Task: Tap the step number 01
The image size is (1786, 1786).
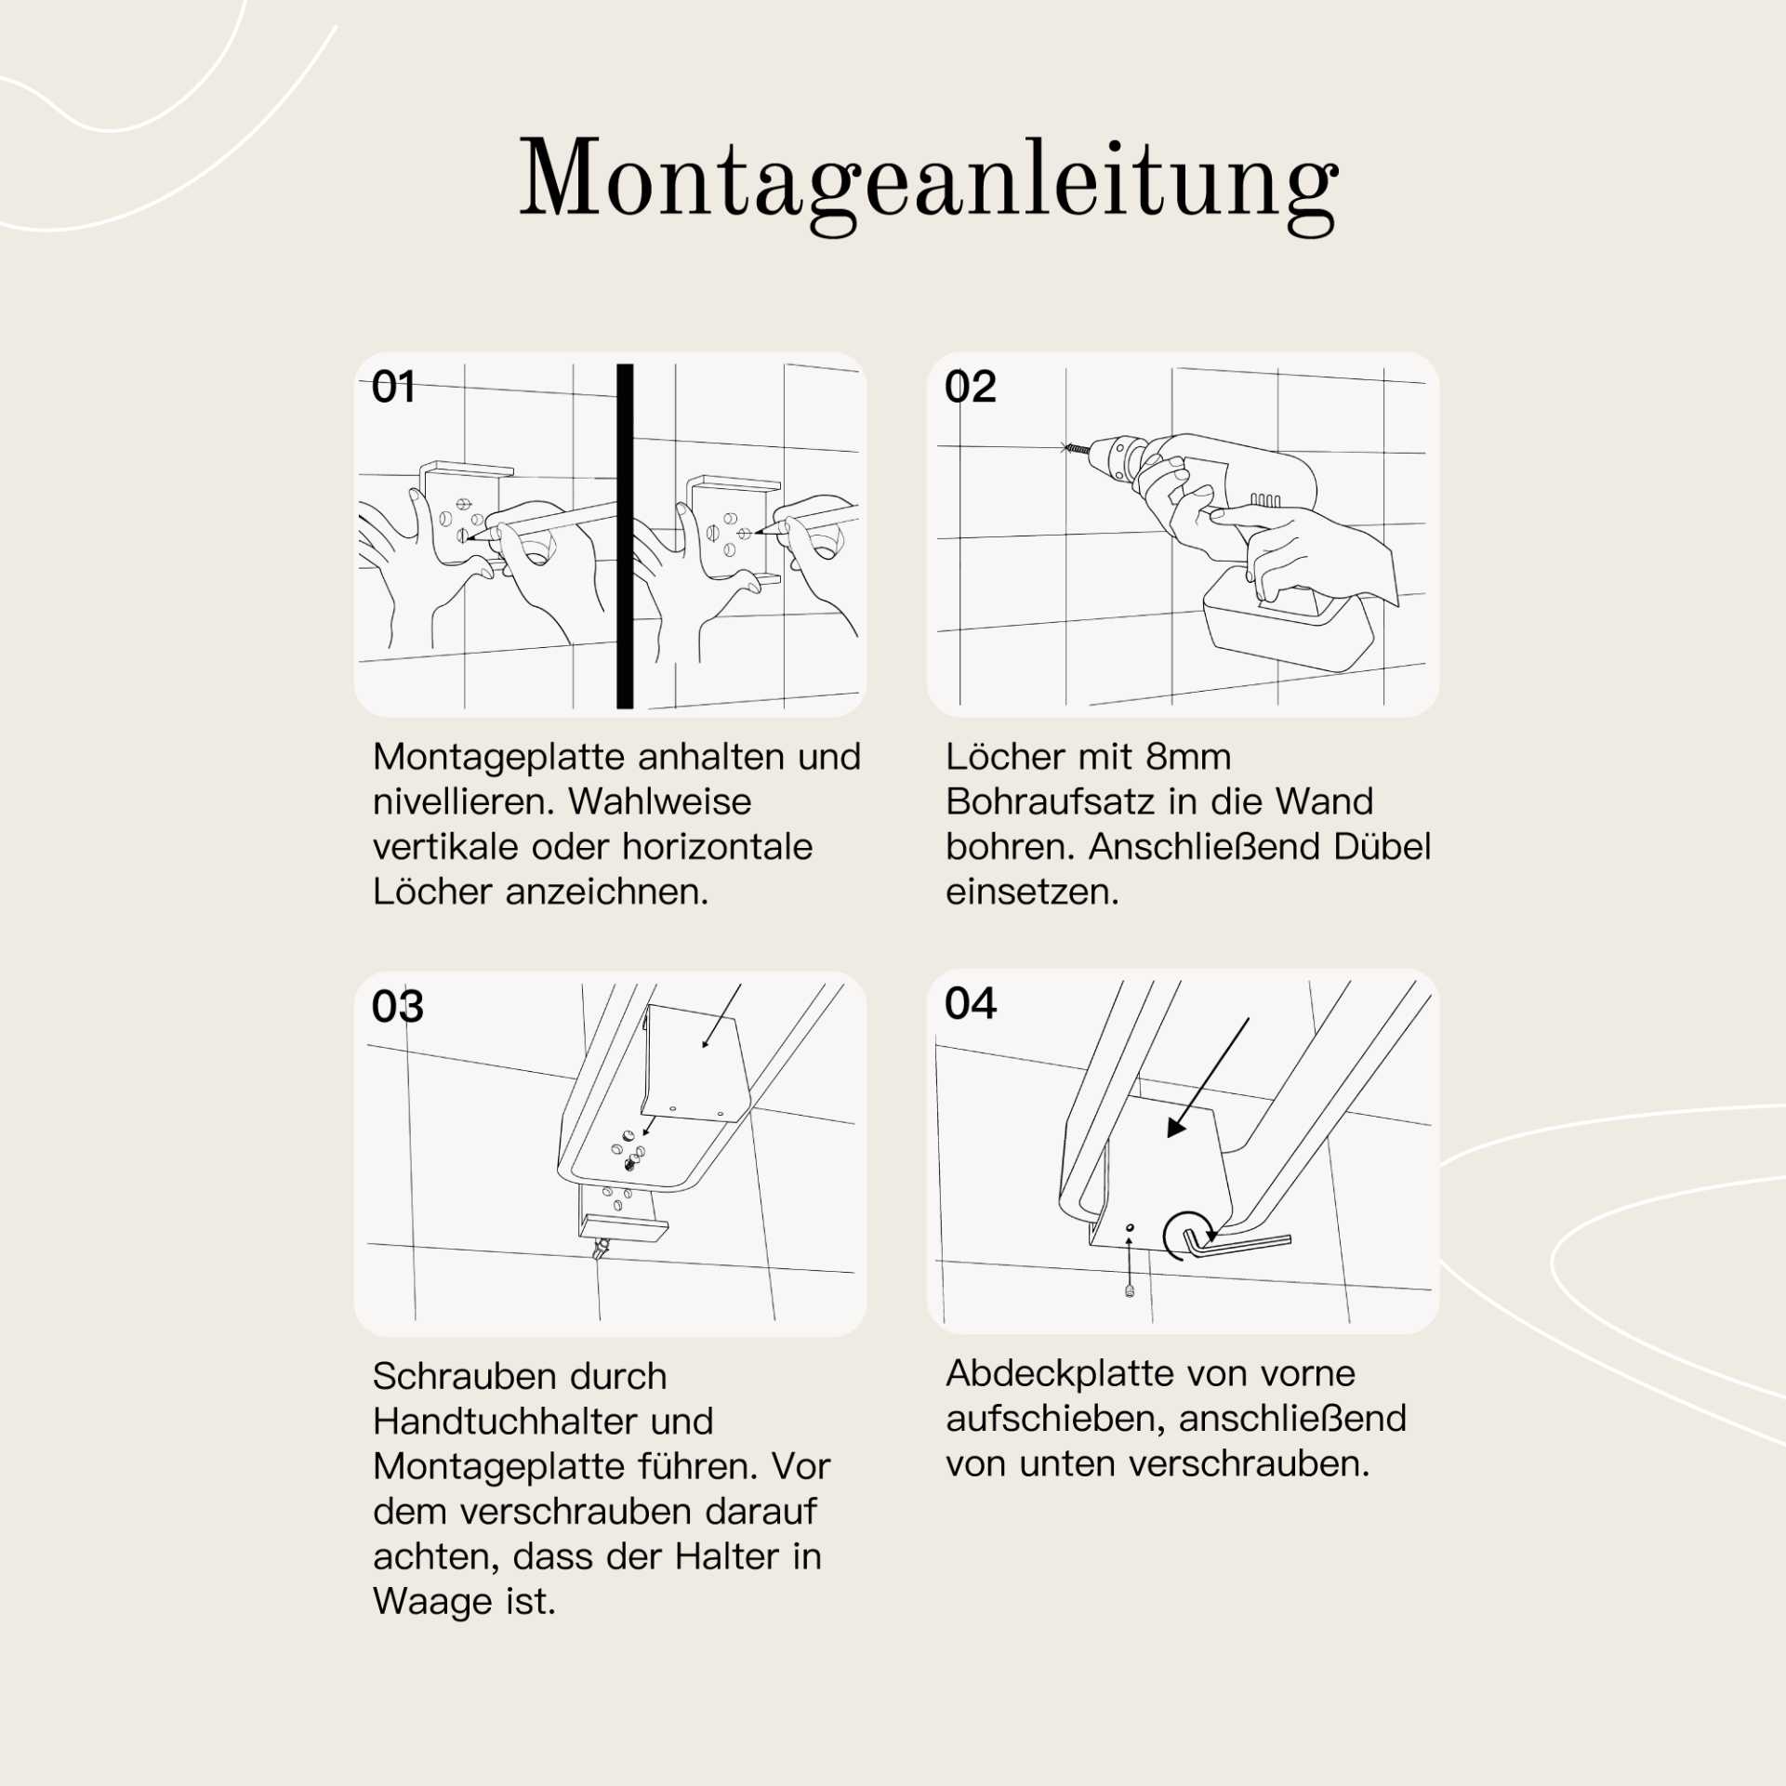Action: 393,387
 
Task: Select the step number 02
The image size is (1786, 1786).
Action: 970,387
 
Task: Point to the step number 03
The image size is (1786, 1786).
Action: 397,1006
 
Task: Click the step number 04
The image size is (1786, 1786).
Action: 970,1003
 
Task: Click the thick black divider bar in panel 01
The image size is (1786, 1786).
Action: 625,536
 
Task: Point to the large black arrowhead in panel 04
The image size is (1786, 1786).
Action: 1177,1127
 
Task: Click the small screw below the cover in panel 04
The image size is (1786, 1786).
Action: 1130,1290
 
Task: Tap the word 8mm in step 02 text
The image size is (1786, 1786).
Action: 1187,757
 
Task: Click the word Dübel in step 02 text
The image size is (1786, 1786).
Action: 1382,847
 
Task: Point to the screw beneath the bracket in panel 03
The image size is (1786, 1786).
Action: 602,1248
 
